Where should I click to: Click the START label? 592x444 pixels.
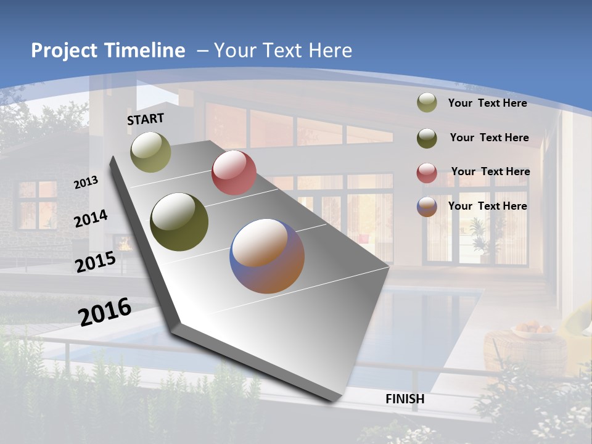tap(146, 119)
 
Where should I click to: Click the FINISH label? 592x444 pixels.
tap(405, 399)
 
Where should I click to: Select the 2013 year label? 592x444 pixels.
tap(86, 183)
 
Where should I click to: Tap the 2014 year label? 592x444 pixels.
tap(91, 219)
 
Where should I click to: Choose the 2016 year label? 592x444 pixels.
tap(105, 312)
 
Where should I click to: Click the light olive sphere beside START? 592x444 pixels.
tap(150, 152)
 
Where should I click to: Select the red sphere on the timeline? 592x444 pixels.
tap(234, 173)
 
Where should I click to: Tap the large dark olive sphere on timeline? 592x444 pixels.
tap(179, 222)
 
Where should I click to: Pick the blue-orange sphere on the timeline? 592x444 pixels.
tap(267, 256)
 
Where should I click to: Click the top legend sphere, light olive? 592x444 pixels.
tap(427, 103)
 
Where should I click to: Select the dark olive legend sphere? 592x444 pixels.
tap(427, 138)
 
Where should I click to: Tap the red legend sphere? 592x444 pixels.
tap(427, 172)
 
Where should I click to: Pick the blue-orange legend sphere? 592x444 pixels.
tap(427, 206)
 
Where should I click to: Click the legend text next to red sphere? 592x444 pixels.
tap(490, 171)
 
